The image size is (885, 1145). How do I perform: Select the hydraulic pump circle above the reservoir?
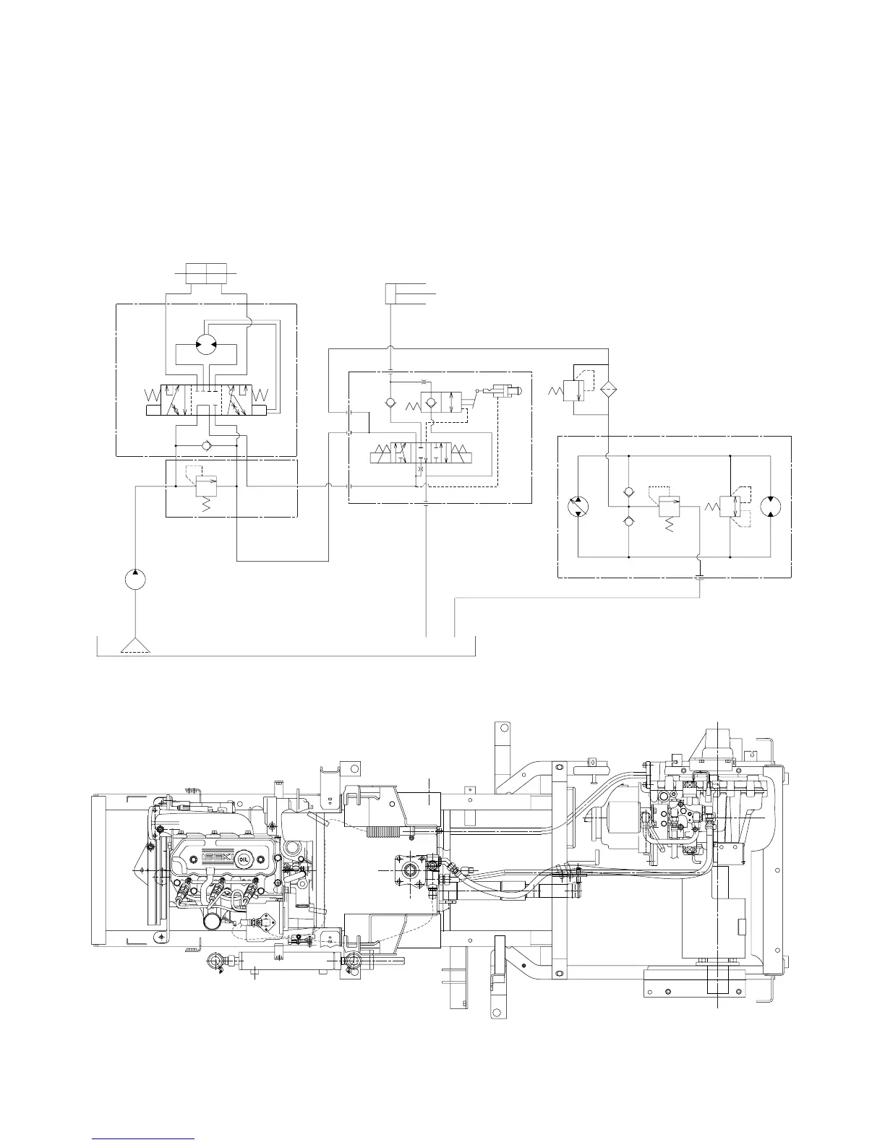tap(135, 580)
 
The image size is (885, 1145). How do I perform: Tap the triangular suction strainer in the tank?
tap(135, 646)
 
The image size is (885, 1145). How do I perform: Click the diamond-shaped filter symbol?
tap(607, 388)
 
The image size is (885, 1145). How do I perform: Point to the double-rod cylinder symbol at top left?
tap(207, 274)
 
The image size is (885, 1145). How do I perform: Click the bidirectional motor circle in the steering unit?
tap(206, 346)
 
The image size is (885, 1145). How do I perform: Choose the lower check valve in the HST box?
tap(629, 520)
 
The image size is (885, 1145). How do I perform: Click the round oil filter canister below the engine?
tap(213, 921)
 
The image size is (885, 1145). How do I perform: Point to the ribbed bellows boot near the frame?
tap(383, 829)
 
